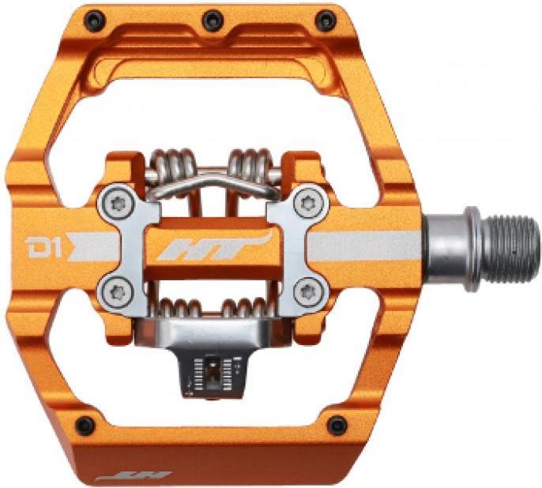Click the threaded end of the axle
(x=506, y=247)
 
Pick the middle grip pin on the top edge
(x=211, y=19)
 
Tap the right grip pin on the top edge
(x=326, y=21)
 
